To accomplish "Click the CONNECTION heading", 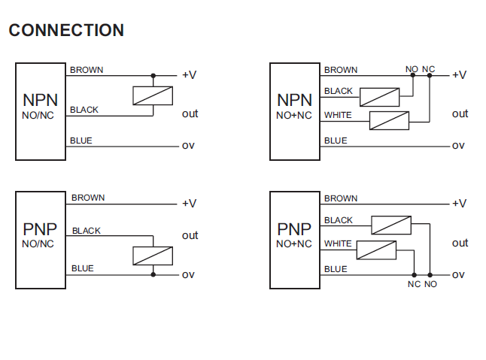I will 66,31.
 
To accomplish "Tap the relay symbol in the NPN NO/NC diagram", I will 153,95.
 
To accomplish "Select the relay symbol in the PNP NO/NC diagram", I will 153,256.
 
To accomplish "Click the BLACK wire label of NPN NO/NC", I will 84,110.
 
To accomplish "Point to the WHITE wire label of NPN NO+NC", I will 339,115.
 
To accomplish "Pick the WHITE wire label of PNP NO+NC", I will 339,244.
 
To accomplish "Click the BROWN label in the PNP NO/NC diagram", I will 88,198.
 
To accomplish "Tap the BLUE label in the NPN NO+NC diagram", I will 336,141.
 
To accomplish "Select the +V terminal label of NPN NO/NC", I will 189,75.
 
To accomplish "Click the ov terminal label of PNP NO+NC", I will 458,274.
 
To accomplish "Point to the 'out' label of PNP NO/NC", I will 190,235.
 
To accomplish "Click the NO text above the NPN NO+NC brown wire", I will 412,69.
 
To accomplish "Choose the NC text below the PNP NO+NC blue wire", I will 414,284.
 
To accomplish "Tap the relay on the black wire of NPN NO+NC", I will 379,96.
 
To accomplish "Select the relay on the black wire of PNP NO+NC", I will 391,225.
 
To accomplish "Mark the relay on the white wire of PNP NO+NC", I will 376,250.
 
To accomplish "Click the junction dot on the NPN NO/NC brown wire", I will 153,75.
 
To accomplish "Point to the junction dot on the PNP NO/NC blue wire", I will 153,274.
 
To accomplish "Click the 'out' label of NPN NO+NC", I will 460,113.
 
